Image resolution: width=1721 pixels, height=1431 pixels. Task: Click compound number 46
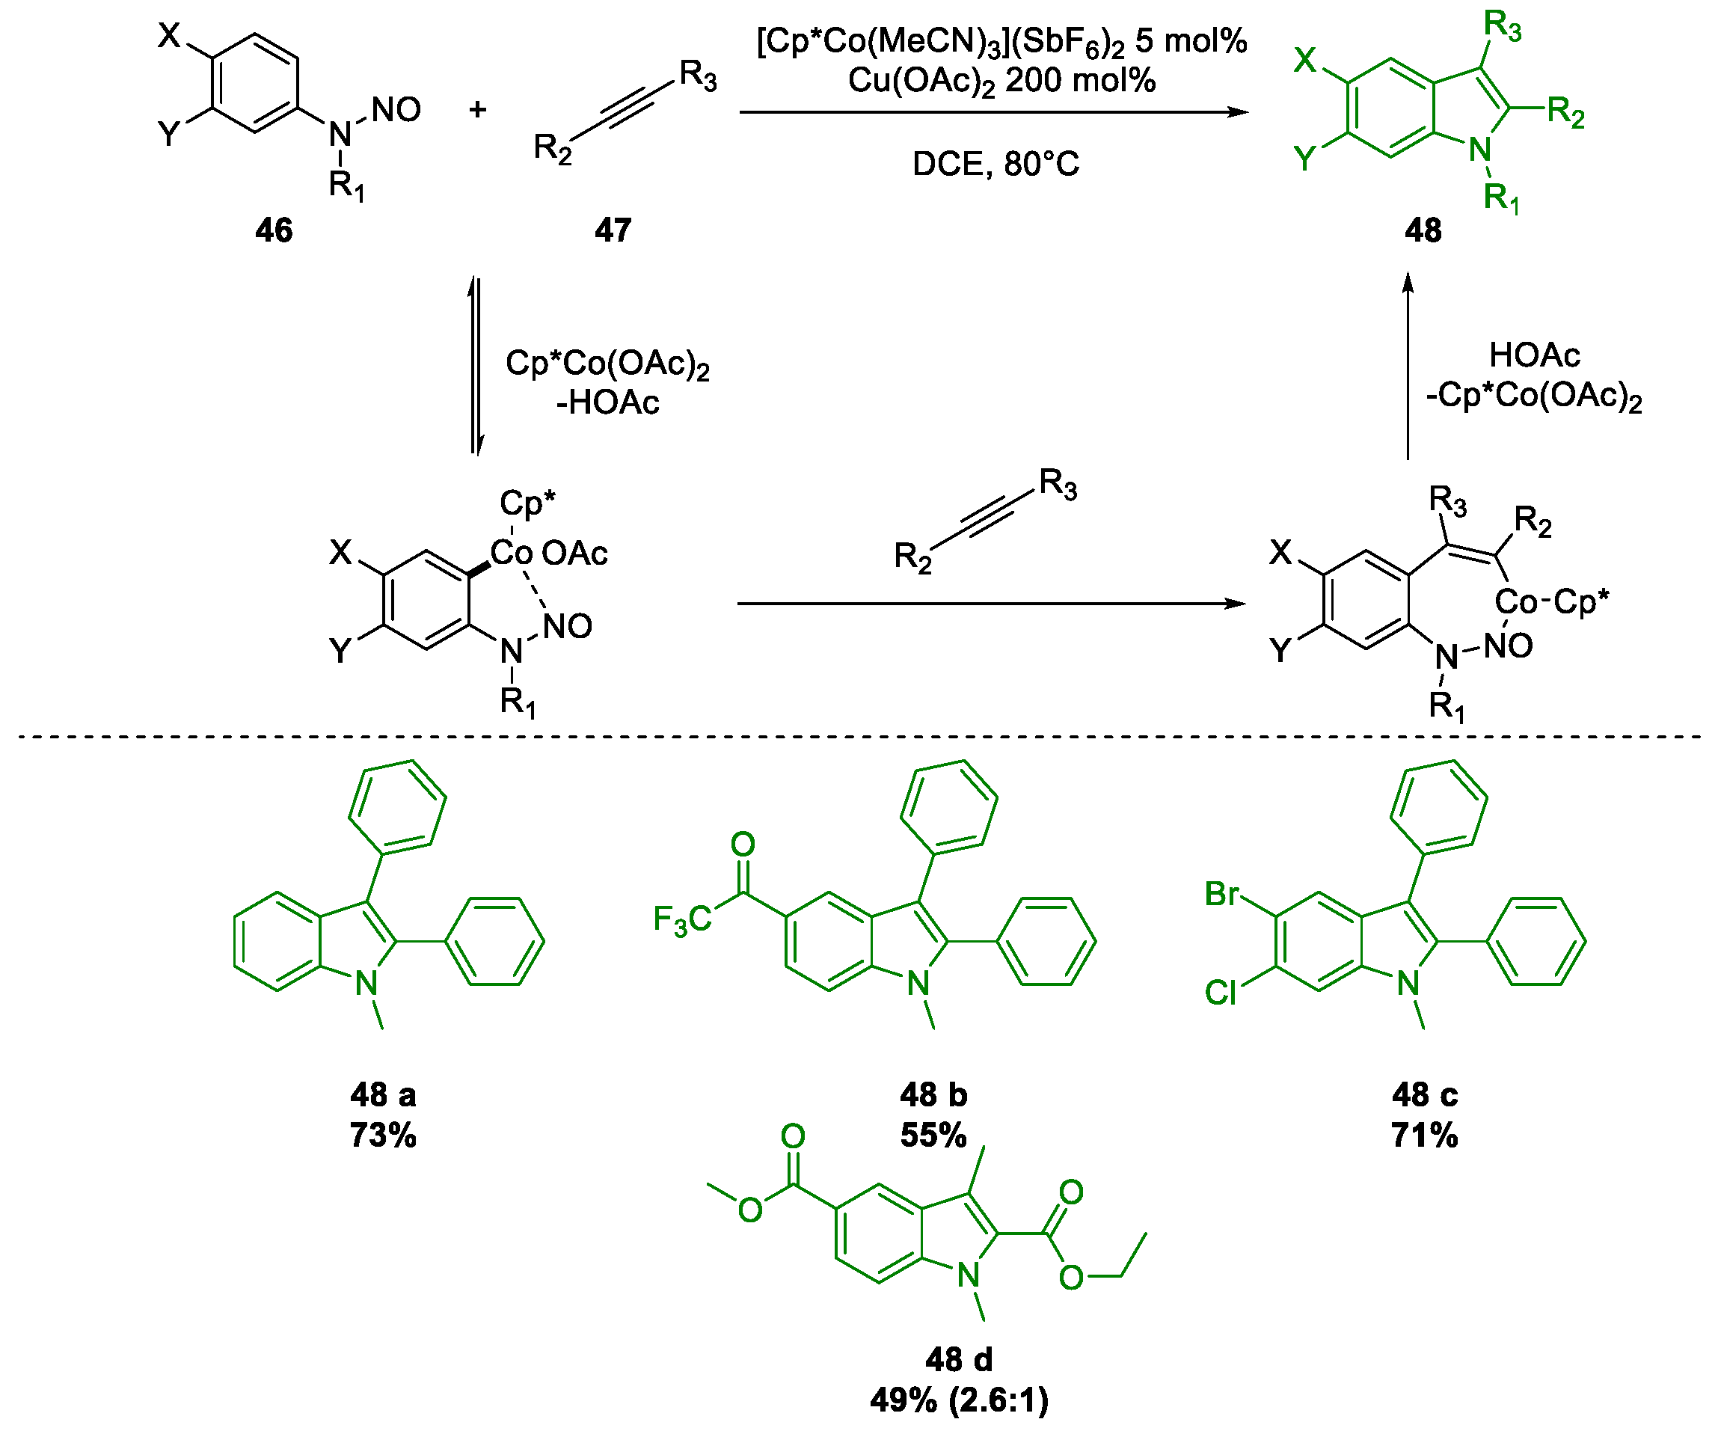274,230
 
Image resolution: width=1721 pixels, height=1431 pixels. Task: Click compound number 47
613,230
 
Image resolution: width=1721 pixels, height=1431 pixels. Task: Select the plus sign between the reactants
478,109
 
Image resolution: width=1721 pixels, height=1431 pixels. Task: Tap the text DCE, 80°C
996,165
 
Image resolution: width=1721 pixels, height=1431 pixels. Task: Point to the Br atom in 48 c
1221,894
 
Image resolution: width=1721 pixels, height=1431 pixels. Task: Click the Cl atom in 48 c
1221,993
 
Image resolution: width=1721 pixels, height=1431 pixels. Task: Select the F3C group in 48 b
682,919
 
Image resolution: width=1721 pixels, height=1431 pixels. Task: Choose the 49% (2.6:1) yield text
959,1400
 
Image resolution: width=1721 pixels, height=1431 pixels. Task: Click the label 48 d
959,1360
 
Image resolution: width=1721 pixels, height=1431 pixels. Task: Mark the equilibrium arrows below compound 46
476,367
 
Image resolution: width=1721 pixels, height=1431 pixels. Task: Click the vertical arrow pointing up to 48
1408,367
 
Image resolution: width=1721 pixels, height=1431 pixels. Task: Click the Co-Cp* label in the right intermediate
1550,602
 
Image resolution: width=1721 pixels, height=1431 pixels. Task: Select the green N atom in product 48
1479,150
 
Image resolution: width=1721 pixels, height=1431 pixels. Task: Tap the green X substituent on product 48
1304,60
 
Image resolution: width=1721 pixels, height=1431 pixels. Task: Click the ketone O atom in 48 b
743,845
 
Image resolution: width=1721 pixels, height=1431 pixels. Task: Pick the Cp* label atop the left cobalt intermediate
527,502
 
